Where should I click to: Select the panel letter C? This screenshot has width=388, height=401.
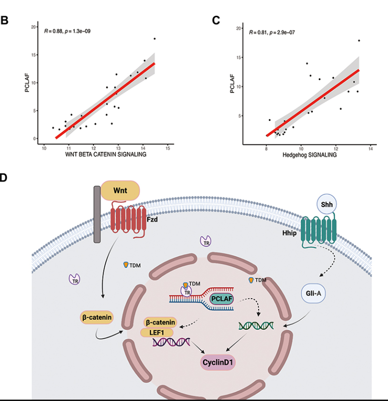[215, 20]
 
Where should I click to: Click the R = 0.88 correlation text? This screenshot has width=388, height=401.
[66, 31]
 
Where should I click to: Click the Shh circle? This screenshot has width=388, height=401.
[325, 203]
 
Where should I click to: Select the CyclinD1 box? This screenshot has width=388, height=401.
[217, 363]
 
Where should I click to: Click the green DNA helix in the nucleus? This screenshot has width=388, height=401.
[256, 325]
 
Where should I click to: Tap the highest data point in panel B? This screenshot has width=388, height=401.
[154, 38]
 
